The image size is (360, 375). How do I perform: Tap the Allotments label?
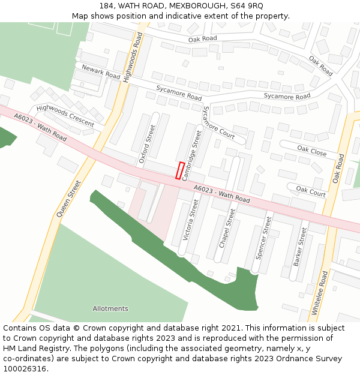click(x=110, y=308)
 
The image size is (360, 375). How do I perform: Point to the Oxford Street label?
click(x=147, y=144)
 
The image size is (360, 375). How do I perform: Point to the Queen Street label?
click(x=68, y=199)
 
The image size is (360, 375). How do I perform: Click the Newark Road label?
click(x=101, y=72)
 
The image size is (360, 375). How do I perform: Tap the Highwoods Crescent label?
click(x=65, y=115)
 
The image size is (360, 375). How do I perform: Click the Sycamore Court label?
click(x=218, y=122)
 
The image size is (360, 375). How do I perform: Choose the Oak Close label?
click(x=312, y=151)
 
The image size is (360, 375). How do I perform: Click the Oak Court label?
click(x=311, y=191)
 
